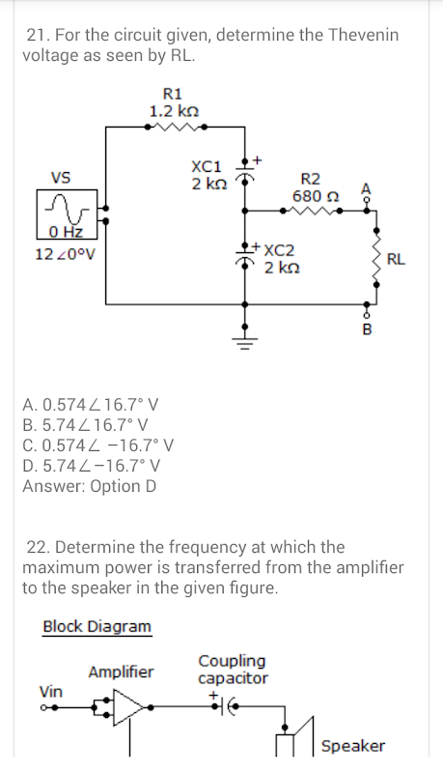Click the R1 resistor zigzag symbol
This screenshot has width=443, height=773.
[x=176, y=127]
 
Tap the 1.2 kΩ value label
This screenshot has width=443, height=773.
[x=174, y=111]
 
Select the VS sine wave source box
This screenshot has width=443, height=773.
[x=67, y=215]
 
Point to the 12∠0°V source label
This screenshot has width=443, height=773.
[x=65, y=254]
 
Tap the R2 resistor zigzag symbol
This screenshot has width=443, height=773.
[x=311, y=211]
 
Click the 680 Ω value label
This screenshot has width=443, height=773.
[x=316, y=196]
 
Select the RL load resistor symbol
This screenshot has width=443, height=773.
[x=377, y=257]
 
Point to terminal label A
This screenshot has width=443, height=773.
[x=365, y=188]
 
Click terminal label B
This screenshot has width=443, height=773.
[x=367, y=329]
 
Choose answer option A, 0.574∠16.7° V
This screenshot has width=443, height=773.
[x=91, y=405]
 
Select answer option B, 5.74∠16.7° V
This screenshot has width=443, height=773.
[x=86, y=425]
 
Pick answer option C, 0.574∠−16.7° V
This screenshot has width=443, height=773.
[x=97, y=445]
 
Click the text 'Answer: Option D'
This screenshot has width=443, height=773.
[x=89, y=486]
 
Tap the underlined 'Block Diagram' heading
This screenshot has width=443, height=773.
[x=97, y=626]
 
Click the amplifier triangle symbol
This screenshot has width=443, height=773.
[x=129, y=707]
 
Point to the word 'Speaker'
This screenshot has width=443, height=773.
[x=353, y=746]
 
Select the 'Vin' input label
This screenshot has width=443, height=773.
[x=51, y=692]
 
